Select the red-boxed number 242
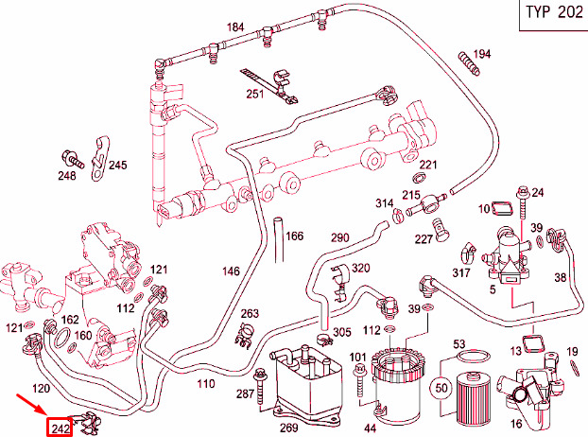pos(61,428)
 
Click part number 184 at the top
pos(234,26)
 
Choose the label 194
pos(482,54)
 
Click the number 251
pos(255,94)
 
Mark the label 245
pos(117,166)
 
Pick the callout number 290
pos(339,237)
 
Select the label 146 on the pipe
pos(231,271)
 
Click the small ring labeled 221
pos(418,177)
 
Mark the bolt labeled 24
pos(523,194)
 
